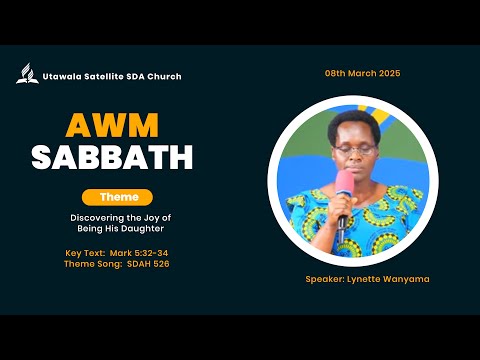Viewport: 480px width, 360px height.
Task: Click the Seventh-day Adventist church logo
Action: tap(27, 74)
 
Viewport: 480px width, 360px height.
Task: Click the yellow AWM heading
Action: tap(112, 125)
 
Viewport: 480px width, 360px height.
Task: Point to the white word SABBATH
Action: tap(112, 157)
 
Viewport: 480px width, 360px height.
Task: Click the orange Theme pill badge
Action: tap(117, 197)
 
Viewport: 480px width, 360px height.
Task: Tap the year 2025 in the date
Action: tap(388, 73)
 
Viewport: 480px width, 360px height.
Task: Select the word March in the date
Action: tap(360, 73)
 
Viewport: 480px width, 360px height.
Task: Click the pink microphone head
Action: tap(344, 182)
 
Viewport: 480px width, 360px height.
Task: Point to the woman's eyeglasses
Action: tap(355, 150)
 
